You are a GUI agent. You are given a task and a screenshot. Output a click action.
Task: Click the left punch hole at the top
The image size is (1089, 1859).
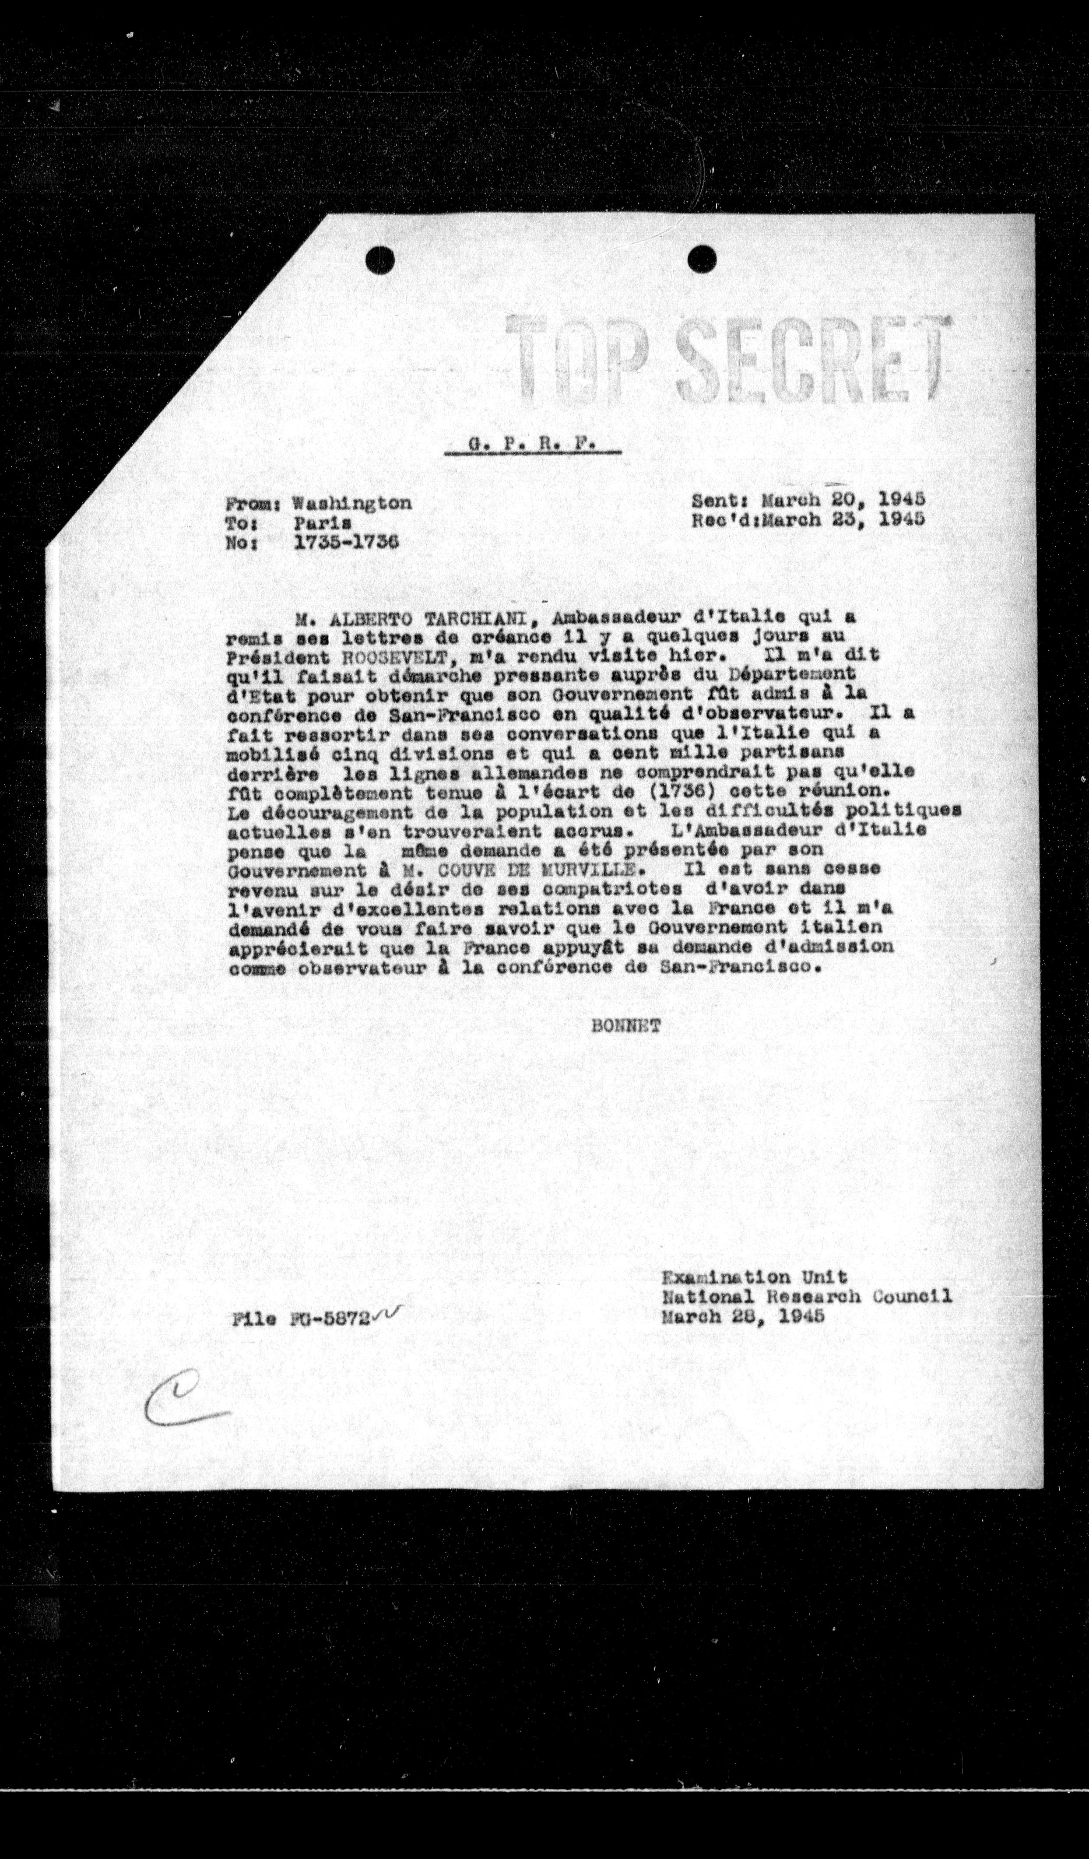(381, 260)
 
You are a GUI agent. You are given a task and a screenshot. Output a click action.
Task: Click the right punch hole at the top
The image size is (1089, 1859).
(702, 258)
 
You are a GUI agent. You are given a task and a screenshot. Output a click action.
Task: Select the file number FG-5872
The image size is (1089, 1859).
(327, 1318)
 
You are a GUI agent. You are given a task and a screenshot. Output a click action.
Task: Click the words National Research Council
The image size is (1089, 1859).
(806, 1296)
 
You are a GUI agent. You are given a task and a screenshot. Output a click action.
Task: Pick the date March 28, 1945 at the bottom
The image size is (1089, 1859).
(742, 1316)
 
